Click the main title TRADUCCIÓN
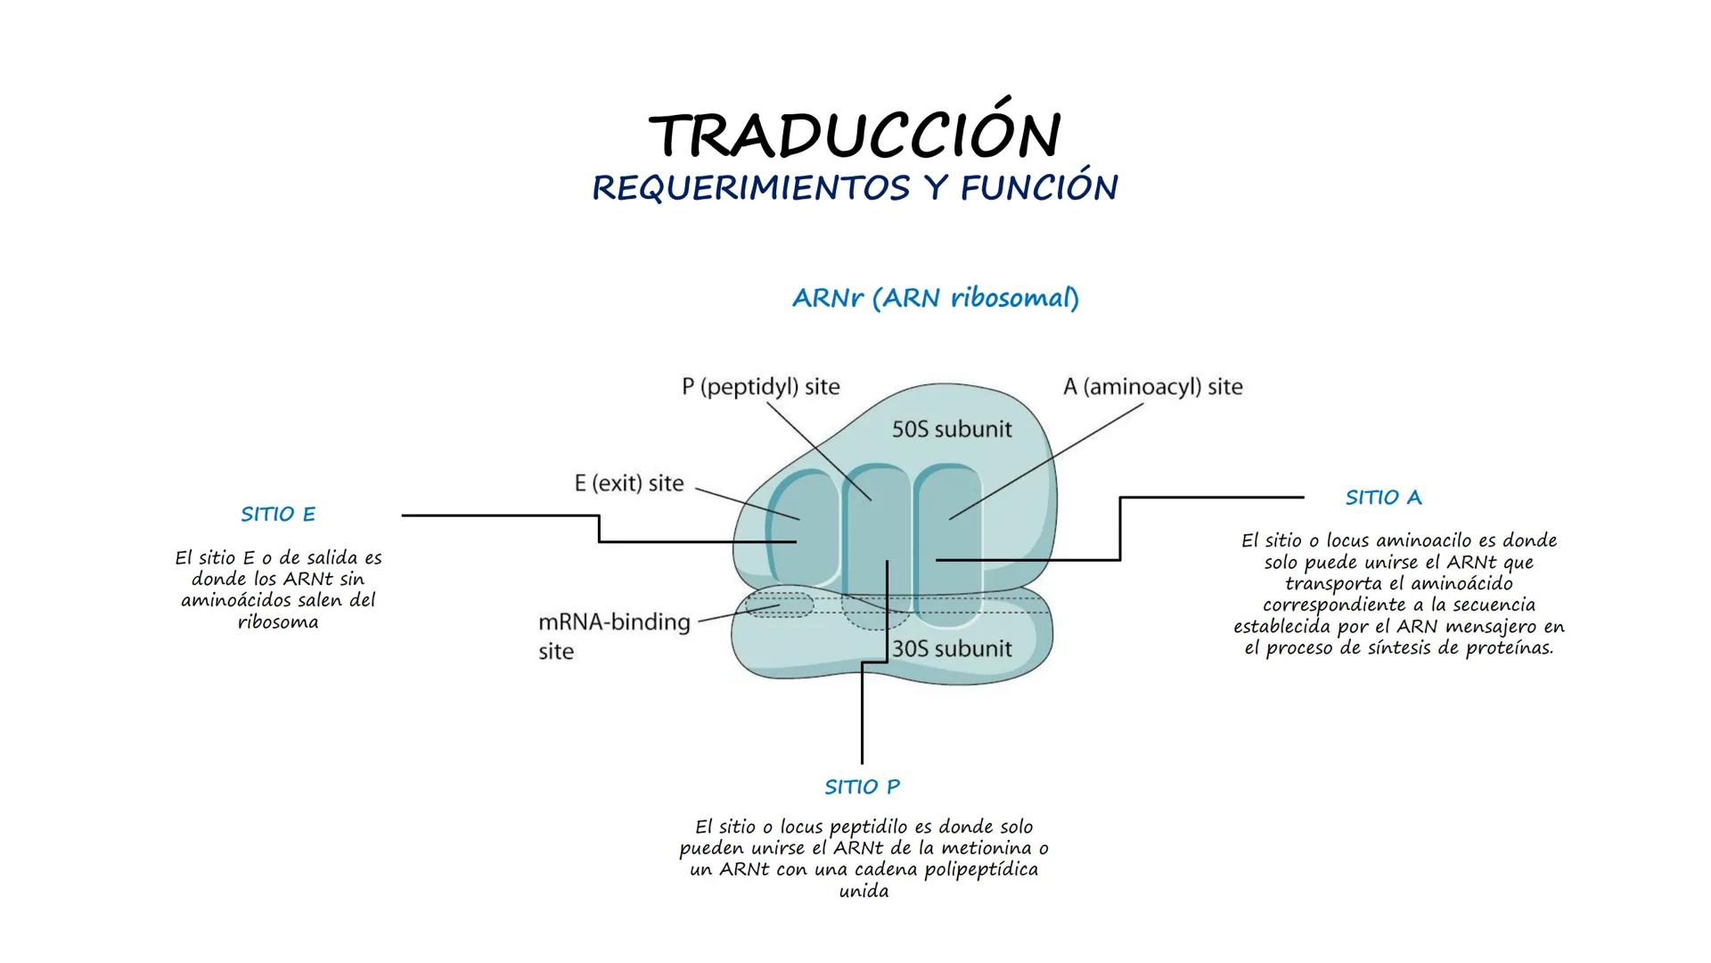point(855,136)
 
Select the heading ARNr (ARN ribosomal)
point(935,298)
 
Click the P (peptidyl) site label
point(760,387)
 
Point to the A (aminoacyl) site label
point(1152,387)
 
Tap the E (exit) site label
point(628,483)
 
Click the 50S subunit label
point(952,430)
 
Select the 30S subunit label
point(952,648)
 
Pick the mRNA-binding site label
point(613,635)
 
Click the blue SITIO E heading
point(278,514)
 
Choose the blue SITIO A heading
point(1383,498)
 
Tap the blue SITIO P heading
point(862,787)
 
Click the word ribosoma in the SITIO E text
point(278,622)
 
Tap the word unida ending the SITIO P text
point(864,891)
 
